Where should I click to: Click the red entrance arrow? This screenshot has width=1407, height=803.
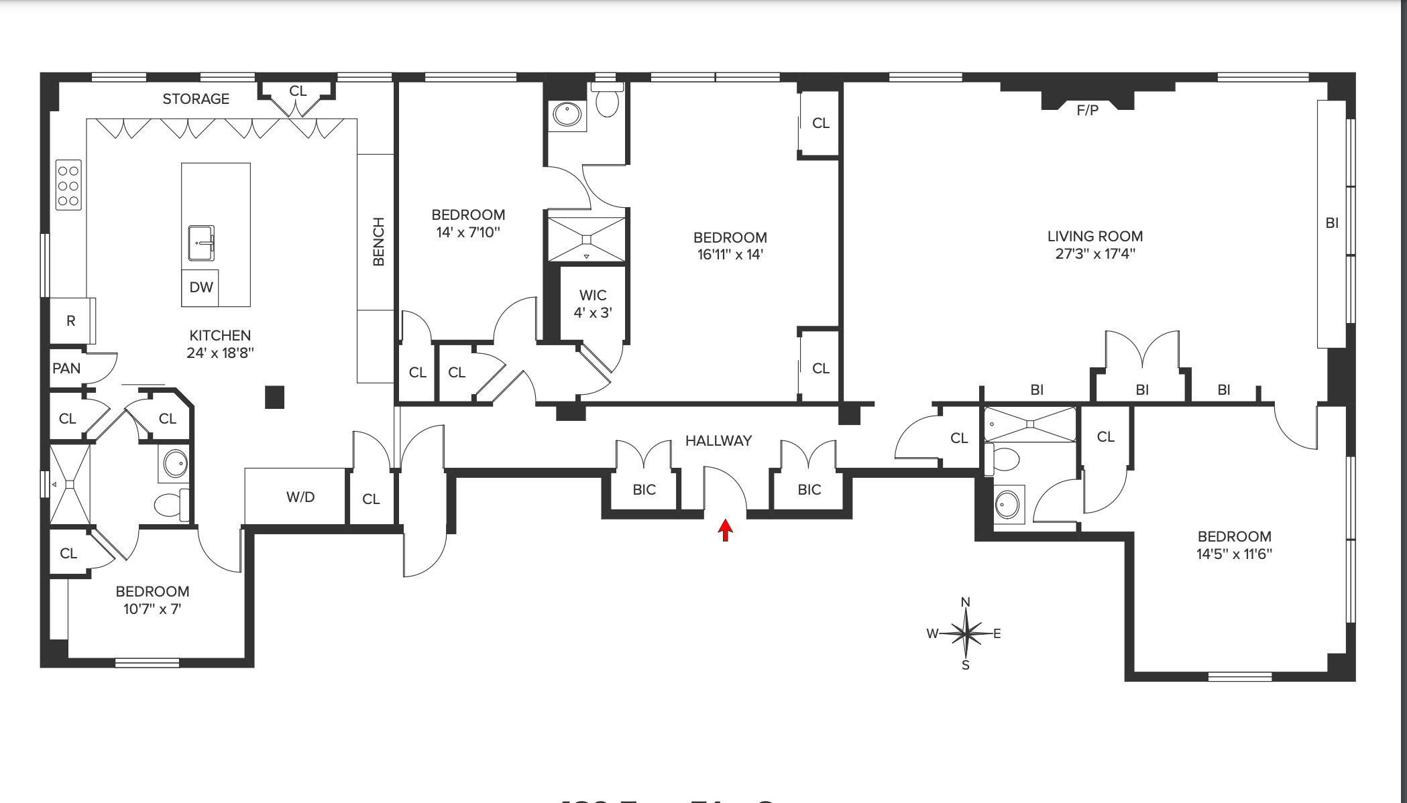pyautogui.click(x=725, y=530)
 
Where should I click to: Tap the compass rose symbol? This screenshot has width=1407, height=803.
pyautogui.click(x=966, y=633)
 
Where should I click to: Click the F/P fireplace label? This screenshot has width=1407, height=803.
pyautogui.click(x=1087, y=111)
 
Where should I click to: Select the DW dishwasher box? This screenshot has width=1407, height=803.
pyautogui.click(x=201, y=288)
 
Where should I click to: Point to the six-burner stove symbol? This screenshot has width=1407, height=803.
pyautogui.click(x=68, y=185)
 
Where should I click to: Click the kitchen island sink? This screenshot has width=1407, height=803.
pyautogui.click(x=201, y=243)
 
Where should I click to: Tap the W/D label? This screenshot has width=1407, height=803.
pyautogui.click(x=300, y=497)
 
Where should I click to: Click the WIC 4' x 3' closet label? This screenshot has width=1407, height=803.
pyautogui.click(x=593, y=304)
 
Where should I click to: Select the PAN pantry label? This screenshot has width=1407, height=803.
pyautogui.click(x=66, y=369)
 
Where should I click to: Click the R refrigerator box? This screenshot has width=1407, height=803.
pyautogui.click(x=71, y=321)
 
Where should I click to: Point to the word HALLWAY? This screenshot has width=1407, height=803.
pyautogui.click(x=718, y=441)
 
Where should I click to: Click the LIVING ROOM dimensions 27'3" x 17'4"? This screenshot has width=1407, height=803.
pyautogui.click(x=1095, y=254)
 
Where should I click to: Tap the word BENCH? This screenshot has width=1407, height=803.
pyautogui.click(x=378, y=241)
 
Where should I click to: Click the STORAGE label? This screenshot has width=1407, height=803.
pyautogui.click(x=196, y=99)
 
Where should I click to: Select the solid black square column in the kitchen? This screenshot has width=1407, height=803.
pyautogui.click(x=274, y=397)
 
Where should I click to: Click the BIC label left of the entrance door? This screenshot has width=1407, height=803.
pyautogui.click(x=644, y=490)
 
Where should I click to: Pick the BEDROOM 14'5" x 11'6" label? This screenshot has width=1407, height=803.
pyautogui.click(x=1234, y=545)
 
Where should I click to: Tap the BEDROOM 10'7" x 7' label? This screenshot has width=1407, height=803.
pyautogui.click(x=152, y=600)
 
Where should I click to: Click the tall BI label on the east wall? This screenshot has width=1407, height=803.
pyautogui.click(x=1332, y=223)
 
